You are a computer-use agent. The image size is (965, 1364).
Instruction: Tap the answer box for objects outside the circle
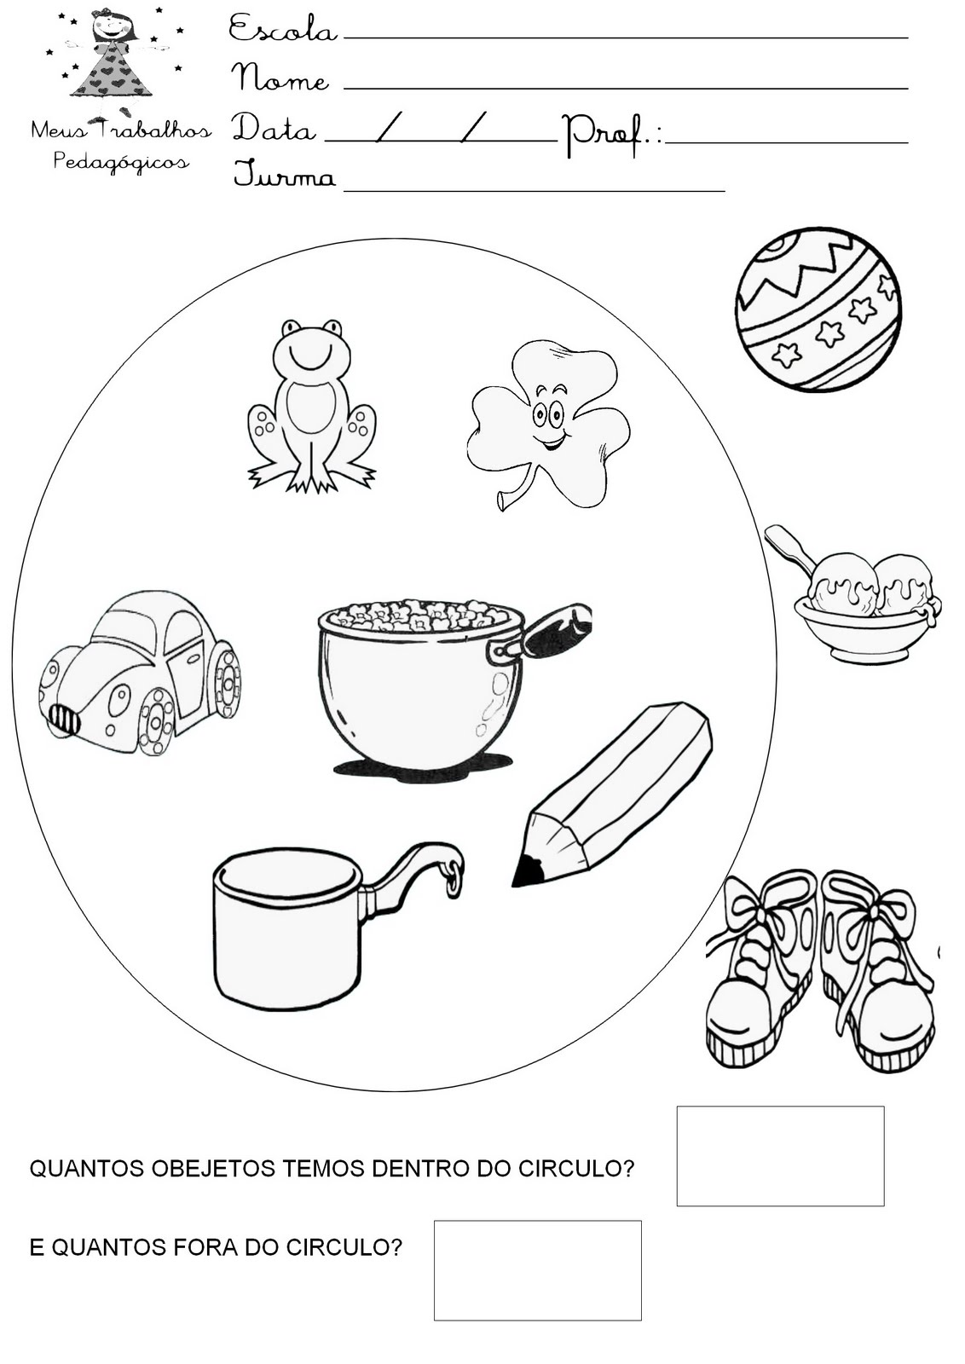pos(538,1270)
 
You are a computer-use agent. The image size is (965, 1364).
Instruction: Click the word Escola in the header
pos(282,29)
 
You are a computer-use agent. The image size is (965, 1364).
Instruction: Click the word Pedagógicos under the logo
pos(121,162)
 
